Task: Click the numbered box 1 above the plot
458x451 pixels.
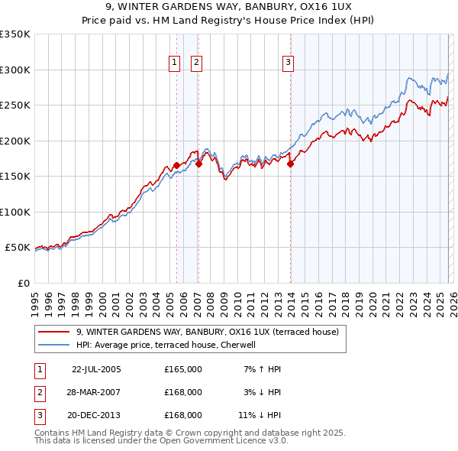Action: pyautogui.click(x=175, y=63)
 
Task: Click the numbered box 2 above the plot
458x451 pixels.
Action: pyautogui.click(x=196, y=63)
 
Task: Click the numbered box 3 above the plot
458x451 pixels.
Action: pyautogui.click(x=289, y=63)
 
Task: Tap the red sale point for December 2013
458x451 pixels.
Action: pyautogui.click(x=290, y=163)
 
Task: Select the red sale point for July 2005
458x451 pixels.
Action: pyautogui.click(x=176, y=165)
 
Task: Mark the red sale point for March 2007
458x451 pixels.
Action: pyautogui.click(x=198, y=163)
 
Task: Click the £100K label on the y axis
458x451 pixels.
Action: pyautogui.click(x=15, y=212)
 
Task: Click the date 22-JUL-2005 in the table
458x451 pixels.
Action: pyautogui.click(x=96, y=369)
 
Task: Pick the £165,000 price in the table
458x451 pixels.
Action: pyautogui.click(x=183, y=369)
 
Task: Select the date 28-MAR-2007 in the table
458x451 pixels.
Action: pyautogui.click(x=96, y=392)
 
